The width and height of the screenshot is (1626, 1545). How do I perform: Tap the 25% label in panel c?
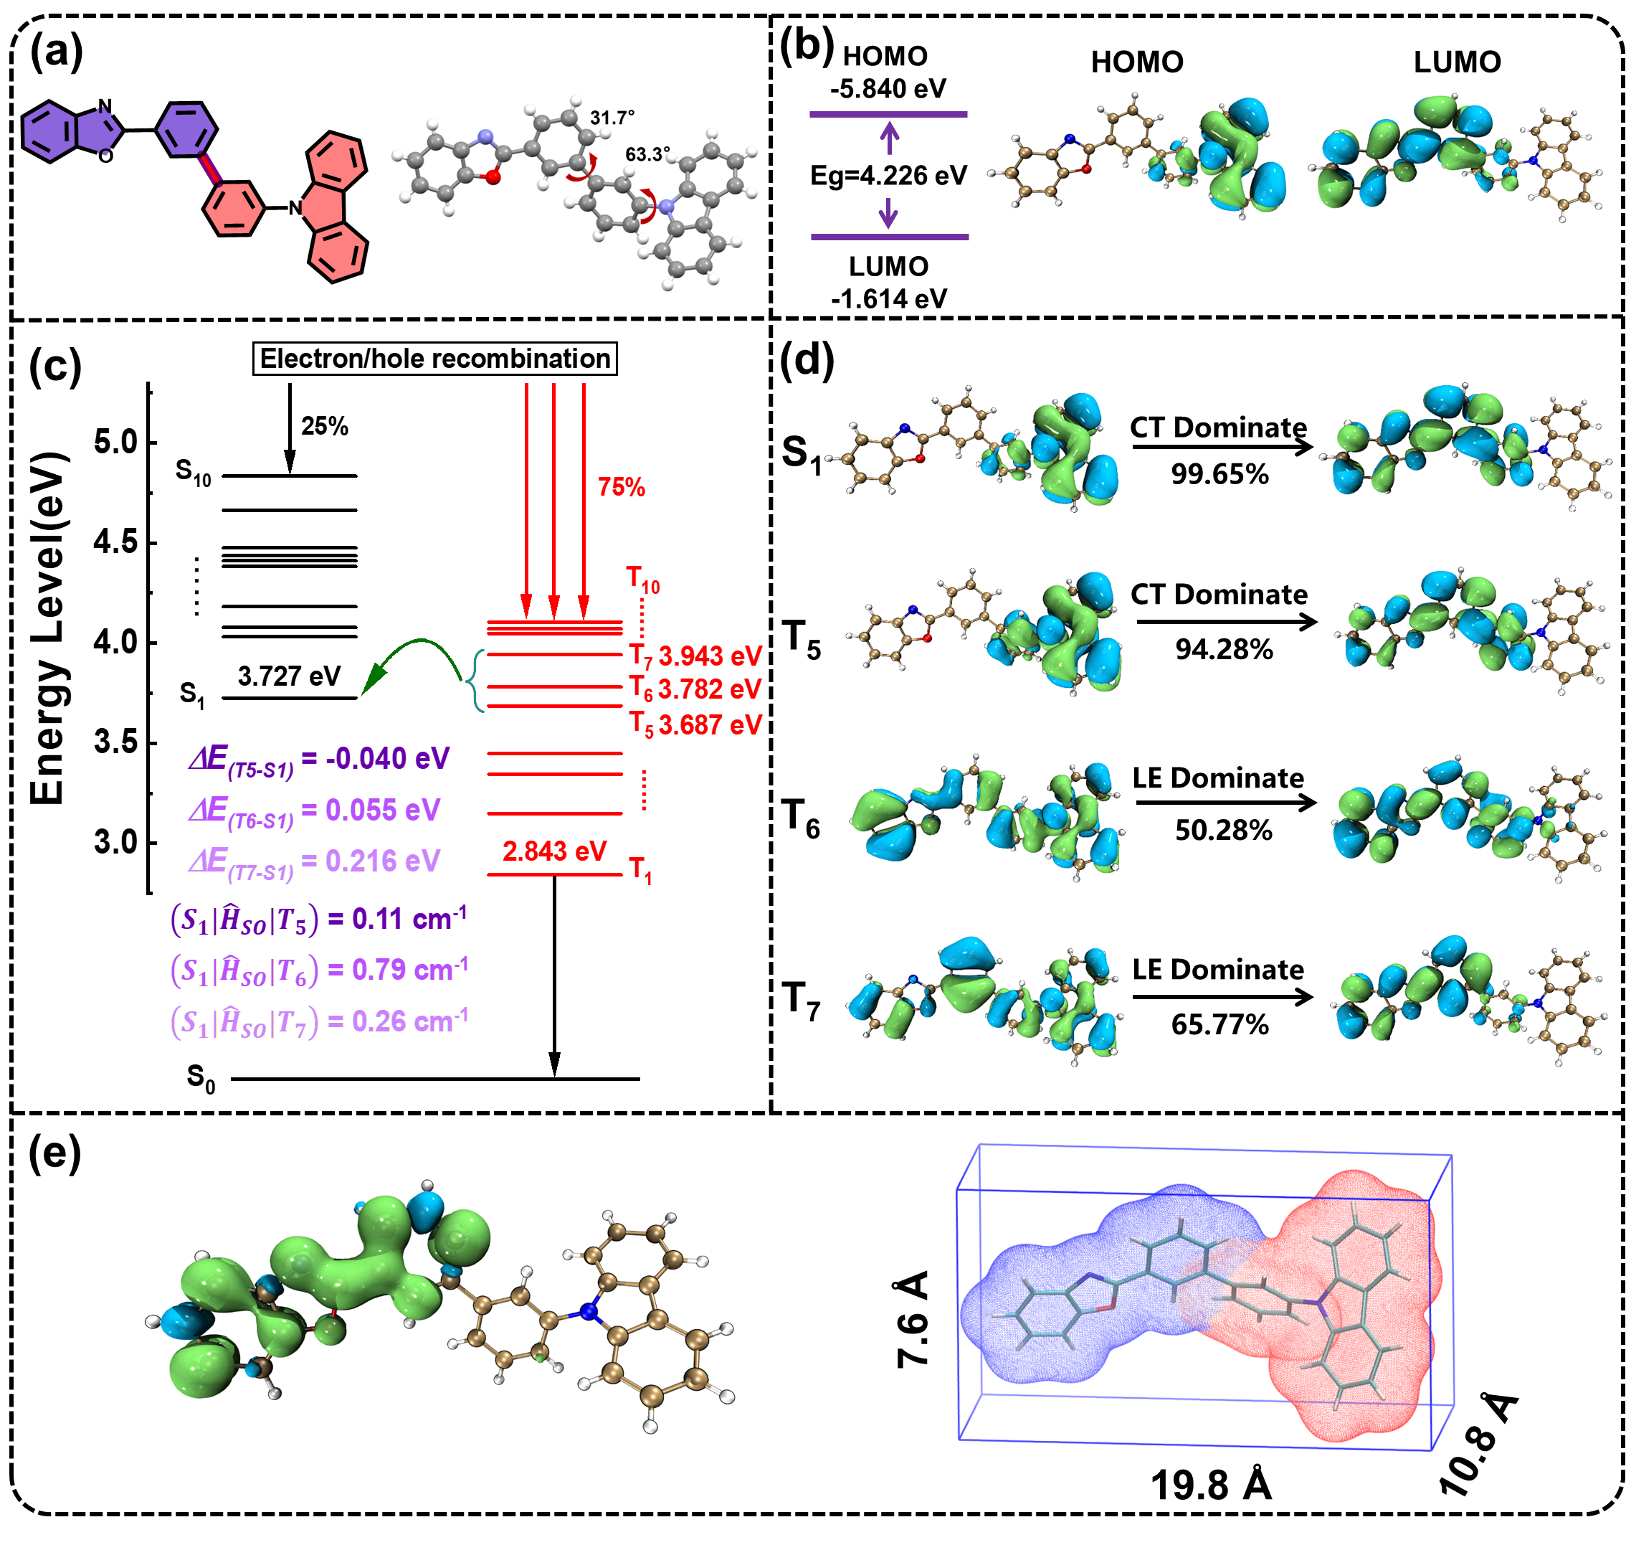pos(324,426)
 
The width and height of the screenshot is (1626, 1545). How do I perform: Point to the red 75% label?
pos(621,487)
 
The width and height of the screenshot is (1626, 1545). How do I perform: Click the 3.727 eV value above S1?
pos(289,676)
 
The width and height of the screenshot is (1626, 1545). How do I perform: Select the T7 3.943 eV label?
pos(695,656)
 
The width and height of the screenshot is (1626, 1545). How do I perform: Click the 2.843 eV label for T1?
pos(554,851)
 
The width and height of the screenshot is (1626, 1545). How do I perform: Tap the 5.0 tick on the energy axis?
pos(115,443)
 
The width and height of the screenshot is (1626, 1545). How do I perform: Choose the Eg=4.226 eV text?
pos(888,176)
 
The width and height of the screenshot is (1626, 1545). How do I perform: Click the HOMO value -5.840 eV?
pos(888,88)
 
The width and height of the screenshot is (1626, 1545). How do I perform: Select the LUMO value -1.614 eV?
pos(888,298)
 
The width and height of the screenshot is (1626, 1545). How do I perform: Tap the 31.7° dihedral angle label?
pos(612,118)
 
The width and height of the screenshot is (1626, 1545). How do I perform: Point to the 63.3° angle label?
pos(648,154)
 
